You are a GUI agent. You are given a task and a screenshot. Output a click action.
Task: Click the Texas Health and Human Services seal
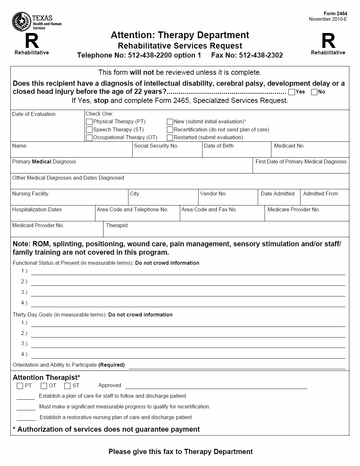click(21, 22)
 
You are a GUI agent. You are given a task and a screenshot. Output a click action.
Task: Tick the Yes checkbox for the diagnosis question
click(292, 92)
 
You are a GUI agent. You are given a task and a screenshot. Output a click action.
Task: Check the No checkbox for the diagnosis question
click(314, 92)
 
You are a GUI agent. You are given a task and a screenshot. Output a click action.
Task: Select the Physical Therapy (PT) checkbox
click(89, 122)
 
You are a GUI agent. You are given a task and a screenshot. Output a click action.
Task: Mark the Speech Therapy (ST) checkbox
click(89, 129)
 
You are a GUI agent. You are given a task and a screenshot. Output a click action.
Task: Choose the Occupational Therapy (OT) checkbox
click(89, 138)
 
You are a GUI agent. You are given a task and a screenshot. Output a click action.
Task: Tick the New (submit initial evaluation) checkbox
click(170, 122)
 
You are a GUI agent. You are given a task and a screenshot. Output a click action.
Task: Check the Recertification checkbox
click(170, 129)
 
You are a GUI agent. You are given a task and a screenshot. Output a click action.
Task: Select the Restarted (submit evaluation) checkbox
click(170, 138)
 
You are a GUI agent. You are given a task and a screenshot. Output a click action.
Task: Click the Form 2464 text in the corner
click(335, 14)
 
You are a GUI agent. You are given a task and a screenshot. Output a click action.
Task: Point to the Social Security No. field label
click(156, 146)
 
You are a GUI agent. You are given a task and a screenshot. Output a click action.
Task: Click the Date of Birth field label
click(219, 146)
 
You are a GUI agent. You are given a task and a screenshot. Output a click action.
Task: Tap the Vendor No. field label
click(213, 194)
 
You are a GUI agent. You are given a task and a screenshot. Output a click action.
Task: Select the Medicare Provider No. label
click(293, 210)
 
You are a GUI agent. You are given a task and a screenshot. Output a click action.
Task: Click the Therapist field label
click(117, 226)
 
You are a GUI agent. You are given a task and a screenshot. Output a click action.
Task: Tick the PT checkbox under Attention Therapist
click(20, 386)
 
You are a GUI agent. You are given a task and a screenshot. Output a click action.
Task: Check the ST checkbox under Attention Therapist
click(67, 386)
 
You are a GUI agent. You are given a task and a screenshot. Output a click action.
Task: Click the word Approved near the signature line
click(110, 385)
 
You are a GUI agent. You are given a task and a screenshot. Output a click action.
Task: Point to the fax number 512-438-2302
click(261, 55)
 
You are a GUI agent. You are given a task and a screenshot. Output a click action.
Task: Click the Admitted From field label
click(320, 194)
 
